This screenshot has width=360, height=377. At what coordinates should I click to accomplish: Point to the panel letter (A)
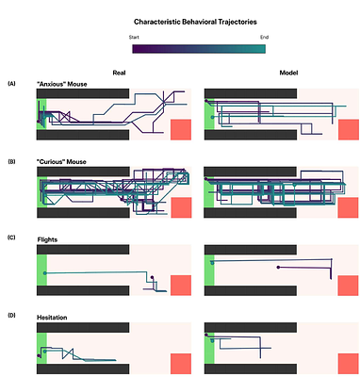pos(11,84)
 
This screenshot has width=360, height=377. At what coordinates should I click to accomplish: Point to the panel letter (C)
pos(11,238)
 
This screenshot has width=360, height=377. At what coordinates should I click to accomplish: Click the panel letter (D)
pos(11,317)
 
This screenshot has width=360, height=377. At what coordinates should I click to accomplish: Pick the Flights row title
pos(47,239)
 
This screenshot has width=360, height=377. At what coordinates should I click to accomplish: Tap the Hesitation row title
pos(54,318)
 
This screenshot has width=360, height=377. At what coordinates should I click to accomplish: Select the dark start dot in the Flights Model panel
pos(278,268)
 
